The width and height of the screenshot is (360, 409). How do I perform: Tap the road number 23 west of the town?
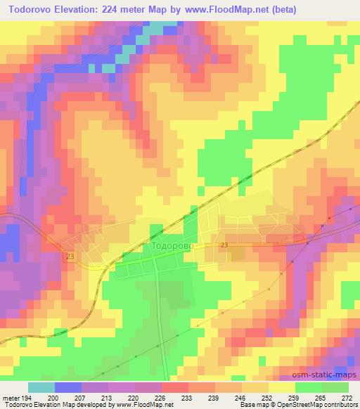71,257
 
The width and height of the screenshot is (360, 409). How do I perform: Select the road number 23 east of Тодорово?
224,244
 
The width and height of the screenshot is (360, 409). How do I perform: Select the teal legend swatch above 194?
41,387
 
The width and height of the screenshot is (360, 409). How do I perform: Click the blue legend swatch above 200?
68,387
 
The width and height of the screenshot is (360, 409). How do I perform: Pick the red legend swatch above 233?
175,387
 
